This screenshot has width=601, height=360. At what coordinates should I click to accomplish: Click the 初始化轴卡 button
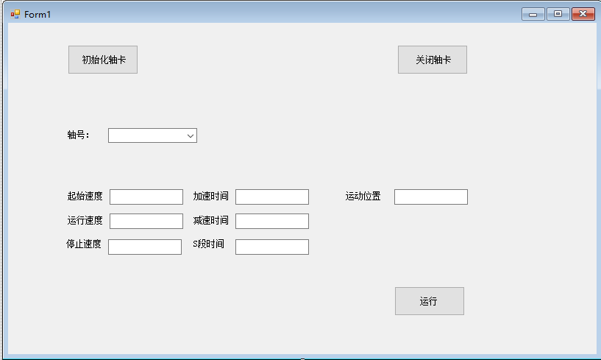click(x=103, y=60)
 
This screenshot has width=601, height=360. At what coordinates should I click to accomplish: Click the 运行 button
click(x=430, y=301)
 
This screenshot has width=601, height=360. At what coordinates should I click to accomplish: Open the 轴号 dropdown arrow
click(x=191, y=135)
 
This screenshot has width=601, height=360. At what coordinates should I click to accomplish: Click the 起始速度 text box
click(x=146, y=197)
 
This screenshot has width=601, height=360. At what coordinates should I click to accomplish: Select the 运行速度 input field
click(x=146, y=221)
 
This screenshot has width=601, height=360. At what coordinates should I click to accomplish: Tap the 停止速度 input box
click(x=145, y=247)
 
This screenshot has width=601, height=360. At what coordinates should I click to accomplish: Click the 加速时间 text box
click(x=272, y=197)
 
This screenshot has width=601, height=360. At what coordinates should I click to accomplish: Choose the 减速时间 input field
click(x=272, y=221)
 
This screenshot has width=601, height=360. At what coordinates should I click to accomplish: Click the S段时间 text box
click(x=272, y=247)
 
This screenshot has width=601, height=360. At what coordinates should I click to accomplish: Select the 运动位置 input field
click(x=431, y=197)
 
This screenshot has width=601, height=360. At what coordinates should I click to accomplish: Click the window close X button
click(x=583, y=14)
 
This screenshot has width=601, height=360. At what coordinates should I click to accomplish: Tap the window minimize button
click(x=533, y=14)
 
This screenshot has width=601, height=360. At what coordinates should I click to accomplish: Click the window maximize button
click(x=558, y=14)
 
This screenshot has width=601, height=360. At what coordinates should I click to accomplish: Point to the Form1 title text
click(x=38, y=14)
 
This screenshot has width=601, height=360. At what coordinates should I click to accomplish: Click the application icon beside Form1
click(x=15, y=14)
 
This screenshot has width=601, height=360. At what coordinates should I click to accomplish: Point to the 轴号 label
click(x=78, y=135)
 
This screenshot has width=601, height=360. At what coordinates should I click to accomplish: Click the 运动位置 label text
click(x=363, y=196)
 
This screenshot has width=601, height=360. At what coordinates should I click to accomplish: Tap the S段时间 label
click(x=208, y=244)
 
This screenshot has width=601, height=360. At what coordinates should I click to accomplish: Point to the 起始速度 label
click(x=85, y=196)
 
